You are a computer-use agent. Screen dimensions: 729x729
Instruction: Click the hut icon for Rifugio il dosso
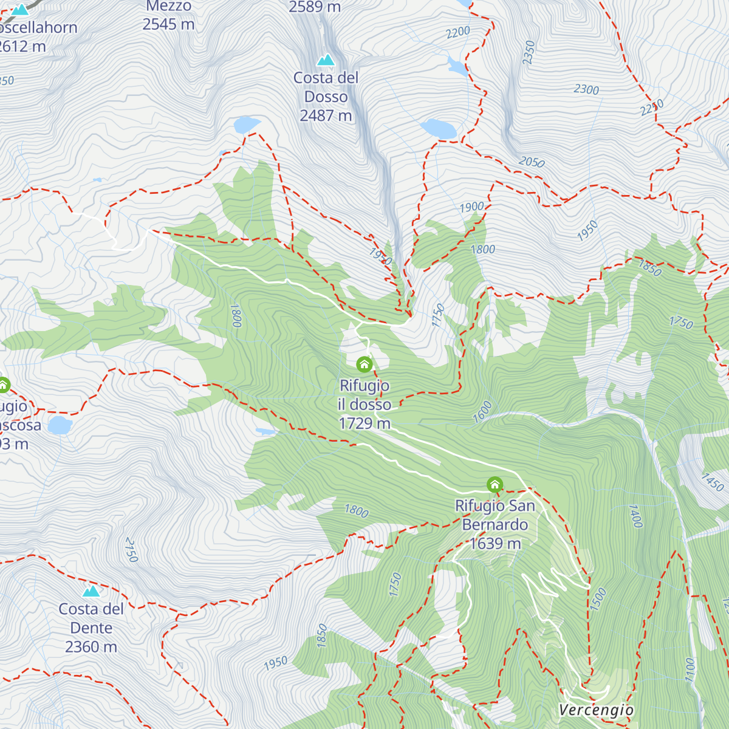coord(364,364)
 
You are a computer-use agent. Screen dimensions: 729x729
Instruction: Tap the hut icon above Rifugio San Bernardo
coord(495,484)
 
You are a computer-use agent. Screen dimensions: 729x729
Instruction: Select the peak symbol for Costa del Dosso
coord(326,60)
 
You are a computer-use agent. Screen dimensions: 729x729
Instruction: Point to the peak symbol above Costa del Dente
coord(91,590)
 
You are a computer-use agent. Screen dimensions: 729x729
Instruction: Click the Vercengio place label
coord(596,710)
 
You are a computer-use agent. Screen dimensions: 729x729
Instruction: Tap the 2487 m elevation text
coord(326,115)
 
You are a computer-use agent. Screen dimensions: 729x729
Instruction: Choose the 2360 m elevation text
coord(91,647)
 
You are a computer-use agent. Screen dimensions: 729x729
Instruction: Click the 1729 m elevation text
coord(364,423)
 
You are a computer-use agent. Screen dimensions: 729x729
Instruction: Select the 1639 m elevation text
coord(495,544)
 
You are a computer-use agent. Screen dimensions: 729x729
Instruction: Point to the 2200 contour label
coord(458,32)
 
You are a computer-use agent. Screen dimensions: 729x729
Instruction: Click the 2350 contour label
coord(529,52)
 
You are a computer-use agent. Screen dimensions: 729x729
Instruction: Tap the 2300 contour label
coord(586,89)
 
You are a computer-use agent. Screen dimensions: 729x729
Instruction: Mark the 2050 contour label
coord(532,162)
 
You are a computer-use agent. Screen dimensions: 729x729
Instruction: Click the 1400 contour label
coord(635,516)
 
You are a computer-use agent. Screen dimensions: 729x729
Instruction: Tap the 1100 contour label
coord(689,669)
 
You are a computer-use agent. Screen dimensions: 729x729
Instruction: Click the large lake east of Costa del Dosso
coord(439,129)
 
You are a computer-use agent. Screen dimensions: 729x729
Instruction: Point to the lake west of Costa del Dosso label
coord(247,125)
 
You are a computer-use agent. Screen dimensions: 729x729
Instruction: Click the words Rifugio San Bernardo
coord(495,515)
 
